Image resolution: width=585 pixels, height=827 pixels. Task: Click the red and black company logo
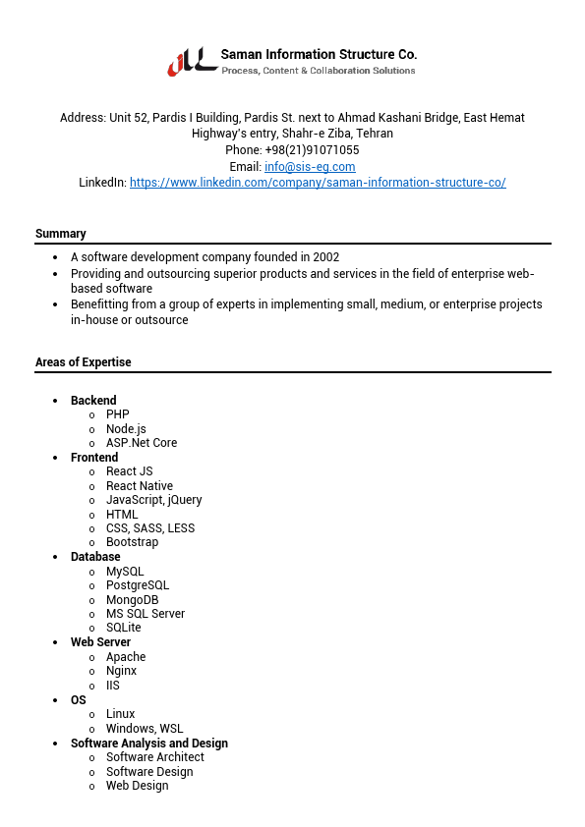[192, 61]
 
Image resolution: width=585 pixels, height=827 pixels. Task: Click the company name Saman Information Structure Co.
[319, 54]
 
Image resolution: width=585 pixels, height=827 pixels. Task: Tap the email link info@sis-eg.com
[310, 167]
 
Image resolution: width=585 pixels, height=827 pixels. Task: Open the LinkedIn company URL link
[318, 183]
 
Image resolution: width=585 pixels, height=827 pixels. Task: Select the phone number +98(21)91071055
[312, 150]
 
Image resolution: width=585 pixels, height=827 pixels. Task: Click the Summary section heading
[61, 234]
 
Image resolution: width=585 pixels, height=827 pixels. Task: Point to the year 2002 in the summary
[326, 257]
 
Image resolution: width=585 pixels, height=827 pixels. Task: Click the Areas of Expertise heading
[83, 362]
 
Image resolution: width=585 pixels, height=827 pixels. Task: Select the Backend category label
[93, 401]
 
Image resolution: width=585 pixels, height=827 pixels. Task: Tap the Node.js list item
[126, 429]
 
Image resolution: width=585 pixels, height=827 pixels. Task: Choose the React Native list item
[140, 486]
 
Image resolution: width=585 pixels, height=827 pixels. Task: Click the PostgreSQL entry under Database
[138, 585]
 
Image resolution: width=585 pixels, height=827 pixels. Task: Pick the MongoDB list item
[132, 600]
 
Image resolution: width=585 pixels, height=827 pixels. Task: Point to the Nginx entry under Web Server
[122, 671]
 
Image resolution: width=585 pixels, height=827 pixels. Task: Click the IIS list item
[113, 686]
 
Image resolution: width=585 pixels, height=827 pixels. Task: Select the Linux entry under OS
[121, 714]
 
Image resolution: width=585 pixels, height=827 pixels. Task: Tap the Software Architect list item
[155, 757]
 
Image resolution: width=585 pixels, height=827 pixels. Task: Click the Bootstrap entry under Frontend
[132, 542]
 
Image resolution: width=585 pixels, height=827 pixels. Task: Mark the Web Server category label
[100, 642]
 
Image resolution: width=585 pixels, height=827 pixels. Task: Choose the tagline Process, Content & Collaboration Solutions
[319, 71]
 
